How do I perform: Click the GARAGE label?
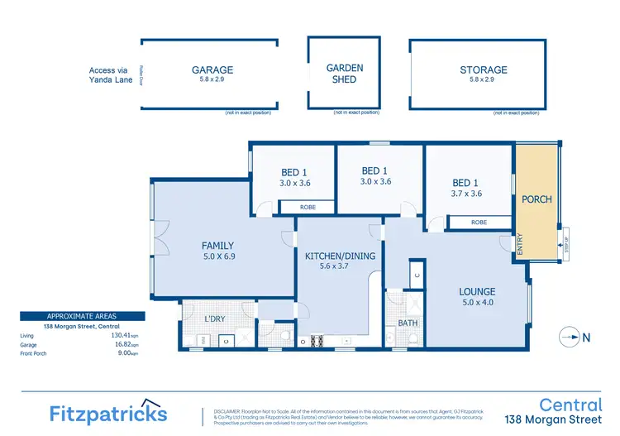[x=212, y=70]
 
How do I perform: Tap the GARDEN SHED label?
[x=344, y=74]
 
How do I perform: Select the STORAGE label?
[x=483, y=70]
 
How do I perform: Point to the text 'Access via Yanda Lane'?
[x=113, y=75]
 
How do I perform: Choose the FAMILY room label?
[x=218, y=246]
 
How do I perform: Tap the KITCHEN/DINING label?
[x=340, y=256]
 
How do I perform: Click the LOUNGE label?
[x=477, y=291]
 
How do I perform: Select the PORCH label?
[x=537, y=199]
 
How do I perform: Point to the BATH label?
[x=408, y=323]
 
